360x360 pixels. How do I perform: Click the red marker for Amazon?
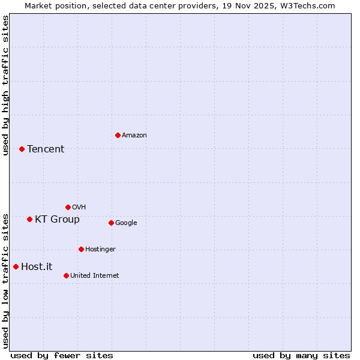(x=118, y=135)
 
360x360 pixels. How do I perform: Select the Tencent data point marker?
(x=22, y=149)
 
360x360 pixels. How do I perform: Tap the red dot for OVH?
(x=68, y=207)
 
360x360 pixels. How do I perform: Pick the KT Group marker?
(x=29, y=219)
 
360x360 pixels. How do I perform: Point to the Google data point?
(x=111, y=223)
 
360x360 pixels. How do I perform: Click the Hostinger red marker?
(x=81, y=249)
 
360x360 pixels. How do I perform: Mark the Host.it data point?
(x=16, y=266)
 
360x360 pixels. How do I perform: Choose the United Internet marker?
(x=66, y=275)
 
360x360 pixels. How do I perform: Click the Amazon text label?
(x=134, y=135)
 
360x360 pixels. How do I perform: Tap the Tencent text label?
(x=46, y=149)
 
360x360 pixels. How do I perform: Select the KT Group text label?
(x=57, y=219)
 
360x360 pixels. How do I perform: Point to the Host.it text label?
(x=37, y=266)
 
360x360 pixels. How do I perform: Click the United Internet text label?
(x=95, y=275)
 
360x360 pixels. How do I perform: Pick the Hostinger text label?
(x=100, y=249)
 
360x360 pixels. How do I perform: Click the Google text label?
(x=126, y=223)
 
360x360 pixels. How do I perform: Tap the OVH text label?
(x=79, y=207)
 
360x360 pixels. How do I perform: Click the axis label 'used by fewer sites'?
(x=62, y=355)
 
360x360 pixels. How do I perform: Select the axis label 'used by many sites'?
(x=301, y=355)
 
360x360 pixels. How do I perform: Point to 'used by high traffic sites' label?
(x=5, y=85)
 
